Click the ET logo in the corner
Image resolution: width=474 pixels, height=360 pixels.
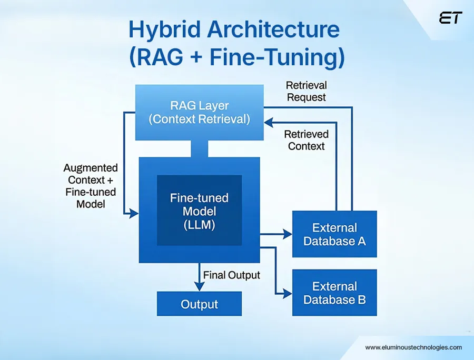450,18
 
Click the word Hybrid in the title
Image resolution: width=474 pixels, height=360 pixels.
160,31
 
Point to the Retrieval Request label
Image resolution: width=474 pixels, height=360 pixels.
306,91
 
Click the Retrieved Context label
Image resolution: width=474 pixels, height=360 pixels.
307,140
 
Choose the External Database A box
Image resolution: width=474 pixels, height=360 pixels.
334,234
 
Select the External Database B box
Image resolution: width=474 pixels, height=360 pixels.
334,293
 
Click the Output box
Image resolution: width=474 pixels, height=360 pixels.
199,304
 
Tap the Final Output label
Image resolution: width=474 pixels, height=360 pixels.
232,275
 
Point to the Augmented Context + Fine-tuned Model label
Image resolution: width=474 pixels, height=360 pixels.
91,186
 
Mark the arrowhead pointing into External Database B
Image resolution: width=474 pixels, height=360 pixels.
288,293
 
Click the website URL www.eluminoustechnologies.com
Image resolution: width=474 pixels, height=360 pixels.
413,347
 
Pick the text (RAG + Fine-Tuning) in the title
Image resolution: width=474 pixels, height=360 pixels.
236,57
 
